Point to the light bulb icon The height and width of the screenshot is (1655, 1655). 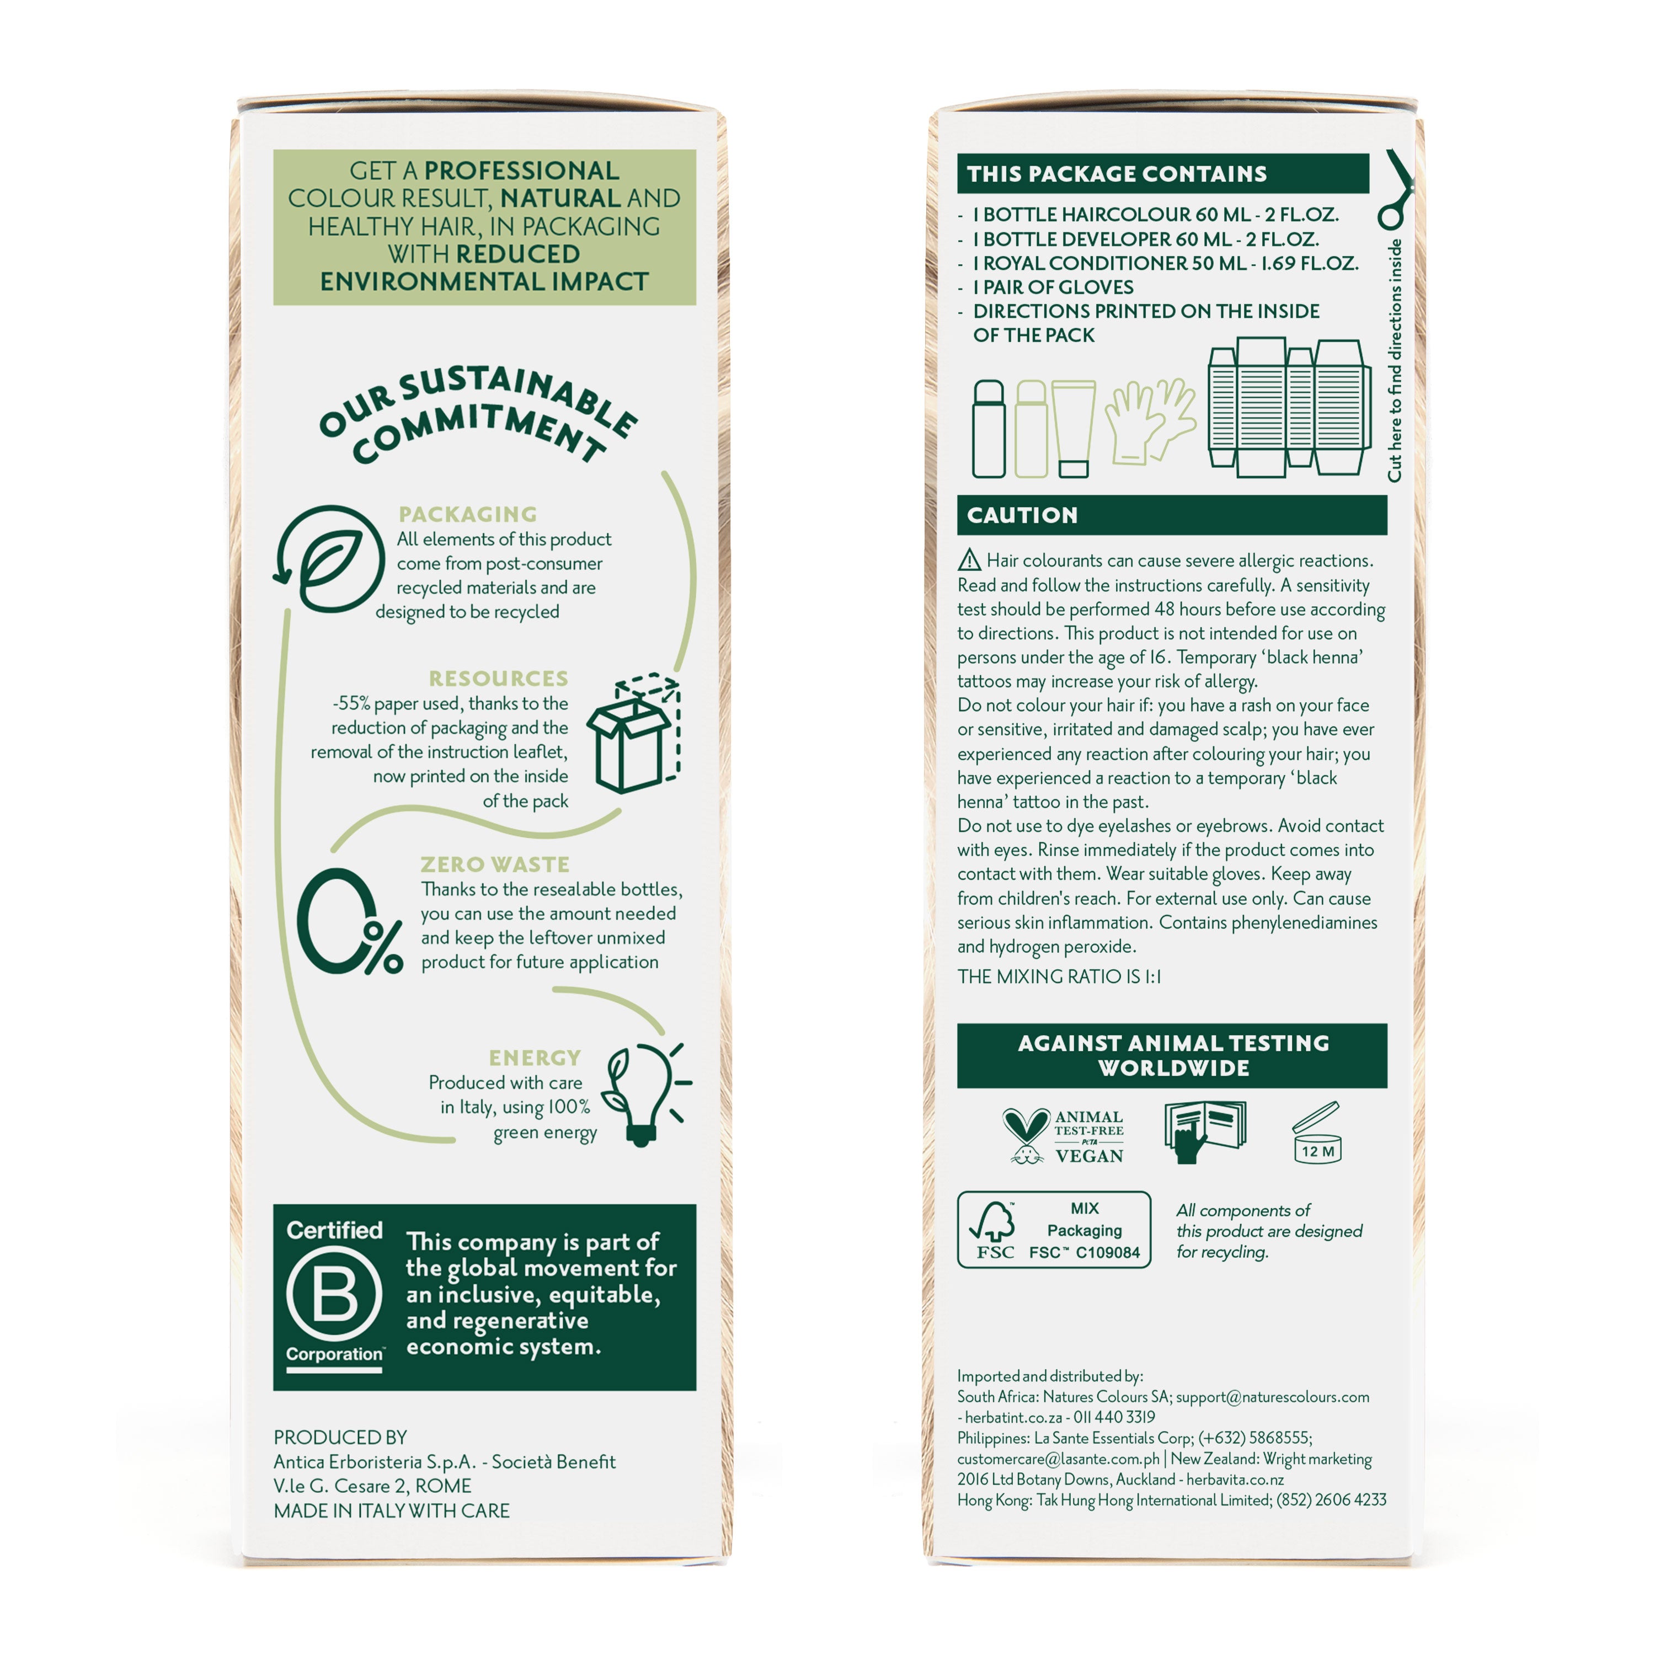[646, 1094]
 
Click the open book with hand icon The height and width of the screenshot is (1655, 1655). [1204, 1131]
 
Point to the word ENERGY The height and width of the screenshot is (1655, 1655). [535, 1058]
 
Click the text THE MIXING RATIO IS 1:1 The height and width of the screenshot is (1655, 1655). [1059, 976]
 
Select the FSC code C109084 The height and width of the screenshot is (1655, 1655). [1108, 1252]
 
